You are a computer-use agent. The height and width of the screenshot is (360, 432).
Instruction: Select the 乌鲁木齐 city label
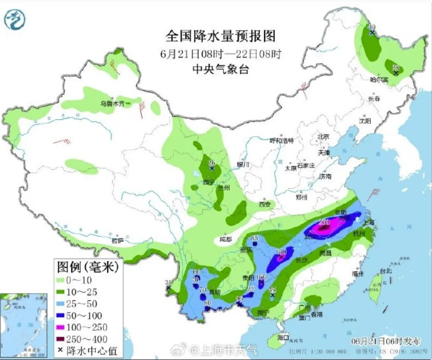point(112,104)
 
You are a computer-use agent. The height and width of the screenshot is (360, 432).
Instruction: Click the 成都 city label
point(227,240)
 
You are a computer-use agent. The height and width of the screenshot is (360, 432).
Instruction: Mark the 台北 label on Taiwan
point(385,271)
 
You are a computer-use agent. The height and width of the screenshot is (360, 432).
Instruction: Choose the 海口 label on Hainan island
point(283,337)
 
